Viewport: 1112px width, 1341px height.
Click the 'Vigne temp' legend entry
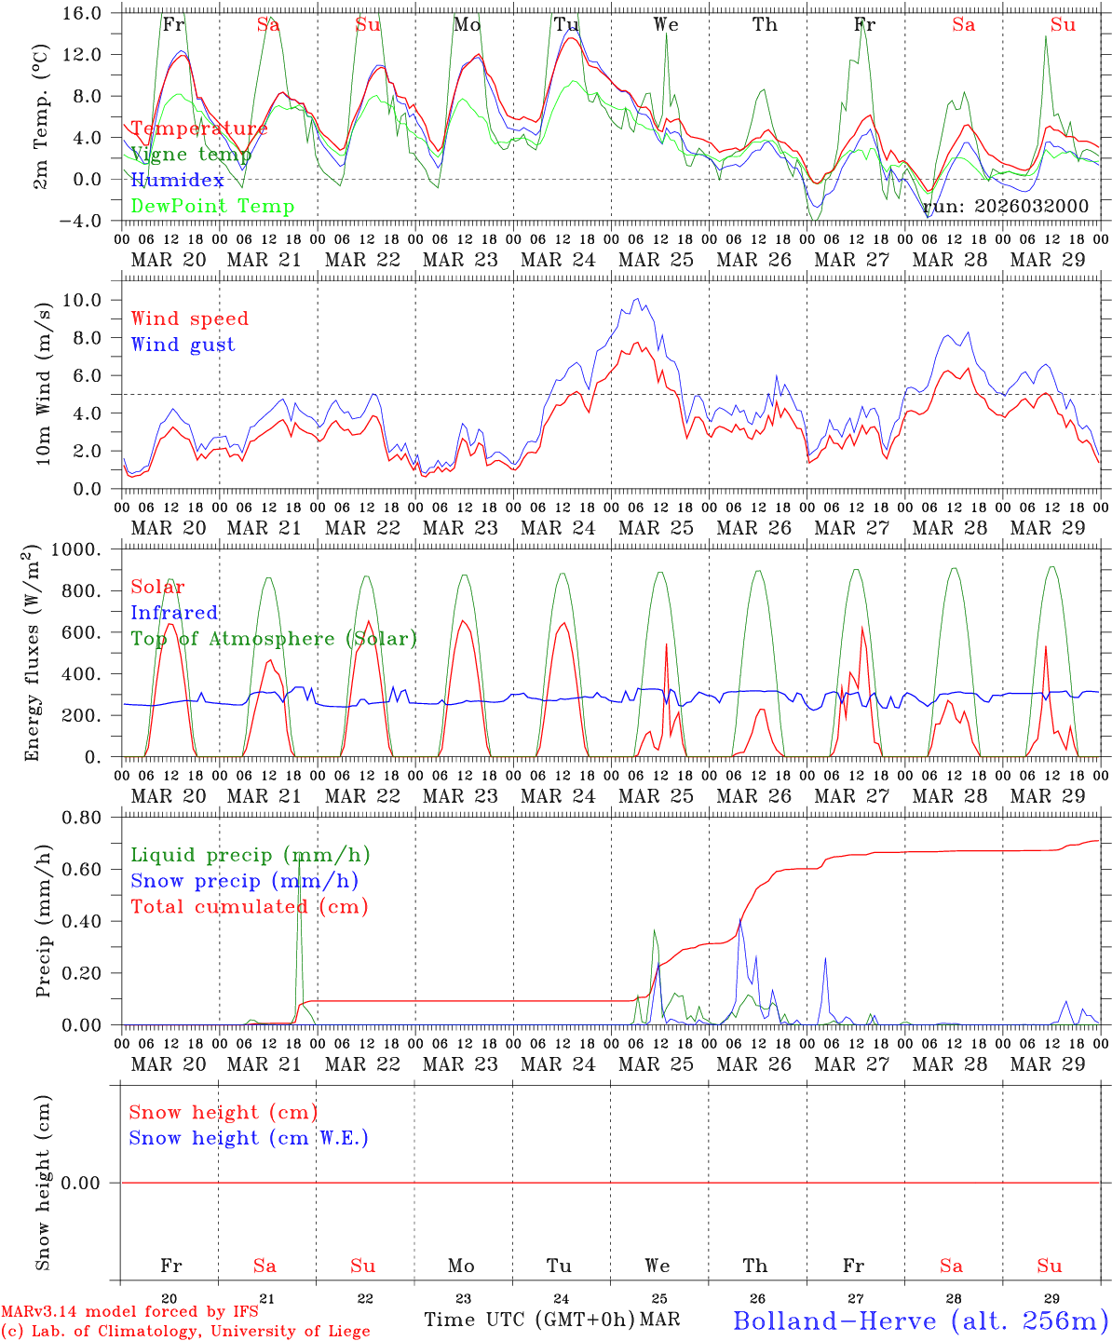191,155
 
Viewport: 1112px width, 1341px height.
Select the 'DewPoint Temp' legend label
212,207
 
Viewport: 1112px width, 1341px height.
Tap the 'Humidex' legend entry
178,181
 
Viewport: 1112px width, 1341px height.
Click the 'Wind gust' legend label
183,345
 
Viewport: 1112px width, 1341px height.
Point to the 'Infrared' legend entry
174,613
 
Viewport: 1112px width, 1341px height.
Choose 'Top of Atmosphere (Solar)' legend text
274,639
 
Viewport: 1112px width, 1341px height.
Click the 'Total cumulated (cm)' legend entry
250,906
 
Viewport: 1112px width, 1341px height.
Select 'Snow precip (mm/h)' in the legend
244,881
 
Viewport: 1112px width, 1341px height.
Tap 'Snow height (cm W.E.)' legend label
249,1138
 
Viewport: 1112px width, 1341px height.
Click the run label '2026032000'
1006,207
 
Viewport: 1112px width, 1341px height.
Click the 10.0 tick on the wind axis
91,300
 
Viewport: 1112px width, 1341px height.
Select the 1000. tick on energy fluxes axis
86,549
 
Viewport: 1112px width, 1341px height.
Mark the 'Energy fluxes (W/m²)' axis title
34,652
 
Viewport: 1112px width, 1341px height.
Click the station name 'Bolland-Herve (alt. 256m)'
920,1321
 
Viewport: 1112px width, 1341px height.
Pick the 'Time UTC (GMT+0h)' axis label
530,1320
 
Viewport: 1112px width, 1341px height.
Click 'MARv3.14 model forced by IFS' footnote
129,1312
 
